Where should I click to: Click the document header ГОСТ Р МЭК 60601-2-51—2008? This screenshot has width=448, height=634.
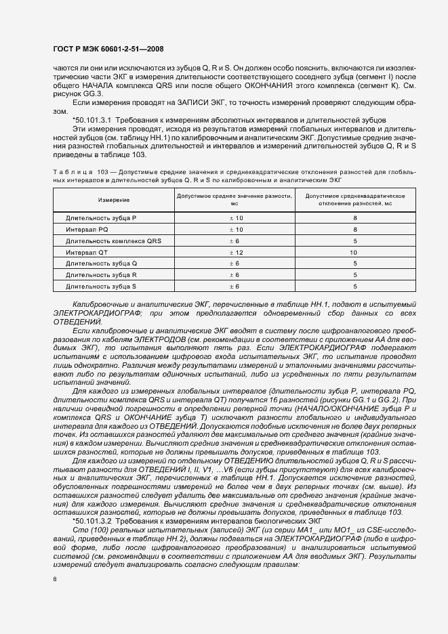coord(108,49)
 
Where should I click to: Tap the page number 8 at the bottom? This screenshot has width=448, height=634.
coord(54,579)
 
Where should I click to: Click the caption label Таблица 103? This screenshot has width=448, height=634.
coord(75,173)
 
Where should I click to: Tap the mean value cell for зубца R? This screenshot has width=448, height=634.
coord(235,274)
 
